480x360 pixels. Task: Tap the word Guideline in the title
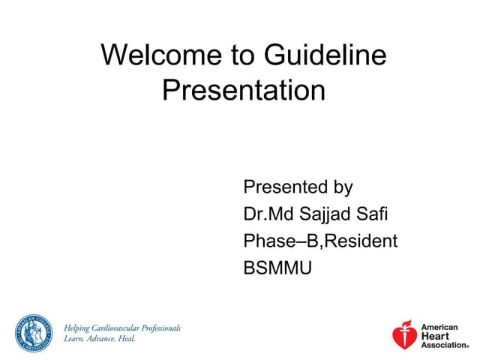[325, 55]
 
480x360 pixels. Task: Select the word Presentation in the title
[244, 91]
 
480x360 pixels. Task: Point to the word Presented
[286, 187]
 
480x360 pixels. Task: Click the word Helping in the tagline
[79, 328]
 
